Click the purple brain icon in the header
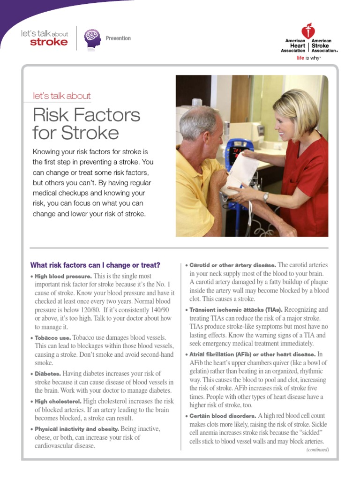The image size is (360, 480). (x=92, y=38)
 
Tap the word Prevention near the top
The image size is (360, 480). (x=118, y=38)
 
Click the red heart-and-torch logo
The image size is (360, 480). (x=308, y=31)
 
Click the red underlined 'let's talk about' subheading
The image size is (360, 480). (x=61, y=96)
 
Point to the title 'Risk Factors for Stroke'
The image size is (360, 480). (x=86, y=124)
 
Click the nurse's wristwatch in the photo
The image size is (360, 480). (x=266, y=197)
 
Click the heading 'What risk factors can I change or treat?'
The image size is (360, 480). (x=95, y=265)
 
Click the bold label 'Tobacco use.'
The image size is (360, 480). (x=53, y=337)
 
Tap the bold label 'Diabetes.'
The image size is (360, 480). (x=48, y=374)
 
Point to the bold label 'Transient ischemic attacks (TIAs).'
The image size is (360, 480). (x=236, y=310)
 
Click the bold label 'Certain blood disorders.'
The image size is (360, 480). (x=223, y=416)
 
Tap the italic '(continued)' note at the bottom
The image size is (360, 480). (x=317, y=450)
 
